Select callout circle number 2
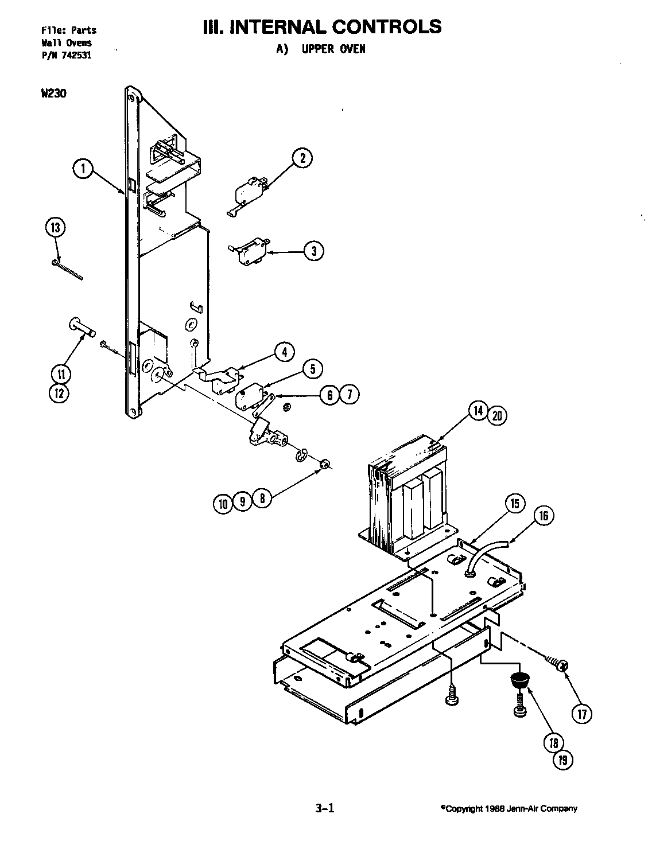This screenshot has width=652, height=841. (302, 158)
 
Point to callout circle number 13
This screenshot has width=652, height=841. (55, 227)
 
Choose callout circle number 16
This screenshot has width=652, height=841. (544, 516)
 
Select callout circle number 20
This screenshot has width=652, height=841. (497, 416)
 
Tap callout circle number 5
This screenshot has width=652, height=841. (312, 369)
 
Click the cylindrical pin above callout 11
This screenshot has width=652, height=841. (81, 328)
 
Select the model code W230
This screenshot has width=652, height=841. (53, 94)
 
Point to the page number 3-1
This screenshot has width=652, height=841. (324, 809)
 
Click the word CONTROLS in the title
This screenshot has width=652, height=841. (386, 26)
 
